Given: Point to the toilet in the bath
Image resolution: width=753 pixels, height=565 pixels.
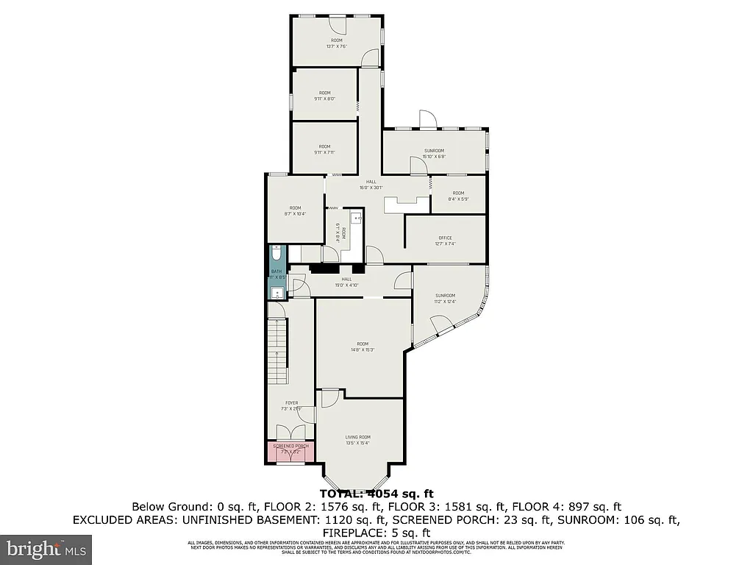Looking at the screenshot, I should pos(276,255).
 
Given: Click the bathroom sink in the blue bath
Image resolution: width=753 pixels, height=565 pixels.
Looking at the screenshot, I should pos(276,293).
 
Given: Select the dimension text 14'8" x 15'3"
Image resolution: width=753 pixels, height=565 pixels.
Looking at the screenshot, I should pos(363,350).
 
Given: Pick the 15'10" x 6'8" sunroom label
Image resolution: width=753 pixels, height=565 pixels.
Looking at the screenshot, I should pos(435,156).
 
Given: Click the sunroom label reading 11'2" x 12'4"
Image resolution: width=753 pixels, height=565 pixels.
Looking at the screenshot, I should pos(445,301).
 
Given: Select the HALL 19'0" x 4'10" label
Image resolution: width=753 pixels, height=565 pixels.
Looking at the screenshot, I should pos(346,282).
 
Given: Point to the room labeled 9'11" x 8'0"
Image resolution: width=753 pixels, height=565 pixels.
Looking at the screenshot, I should pos(325,96).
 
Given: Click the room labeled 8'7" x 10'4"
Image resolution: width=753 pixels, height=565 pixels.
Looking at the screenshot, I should pos(295,211).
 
